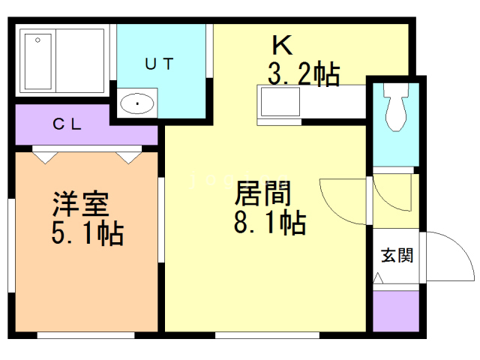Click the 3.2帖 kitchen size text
[304, 75]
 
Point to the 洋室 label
[80, 203]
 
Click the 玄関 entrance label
[397, 255]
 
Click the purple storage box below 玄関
[396, 310]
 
